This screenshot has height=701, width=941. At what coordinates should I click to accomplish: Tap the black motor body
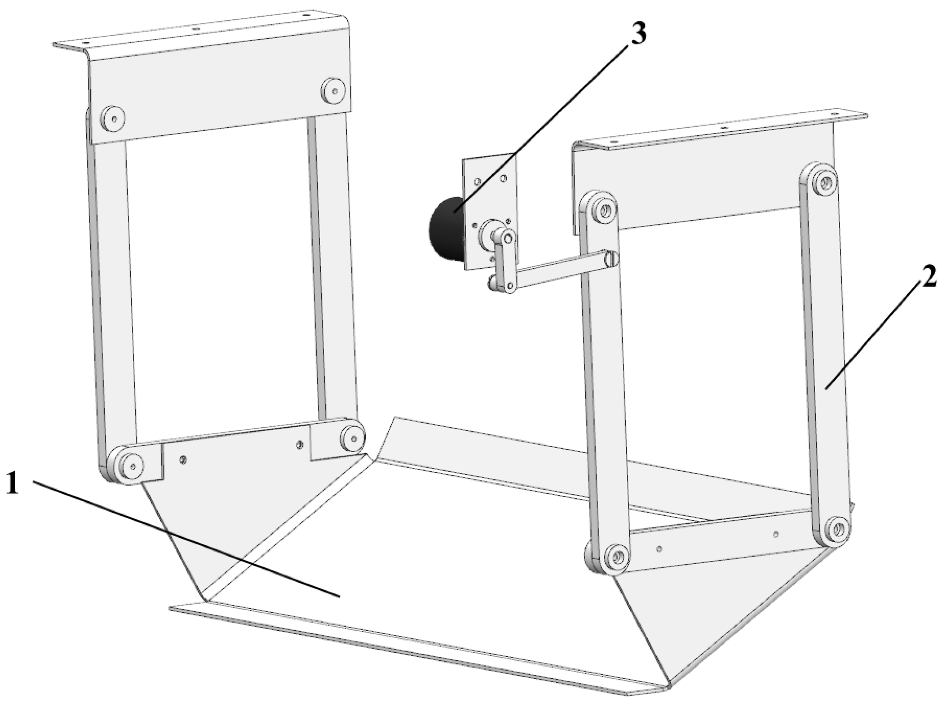(446, 230)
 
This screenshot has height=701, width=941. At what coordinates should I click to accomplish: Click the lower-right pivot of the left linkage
(352, 435)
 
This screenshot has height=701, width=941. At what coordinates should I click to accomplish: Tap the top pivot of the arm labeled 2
(823, 182)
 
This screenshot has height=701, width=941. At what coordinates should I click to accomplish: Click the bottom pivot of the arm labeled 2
(836, 528)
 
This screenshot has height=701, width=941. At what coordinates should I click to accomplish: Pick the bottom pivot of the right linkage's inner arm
(614, 555)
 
